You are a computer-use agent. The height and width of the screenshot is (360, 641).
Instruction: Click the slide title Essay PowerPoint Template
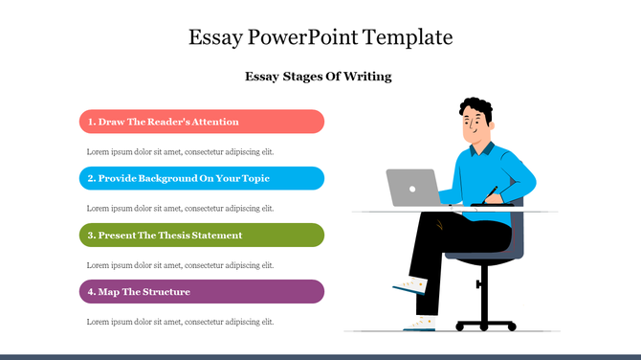[320, 38]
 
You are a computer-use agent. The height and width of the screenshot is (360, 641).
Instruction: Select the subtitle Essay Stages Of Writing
[319, 77]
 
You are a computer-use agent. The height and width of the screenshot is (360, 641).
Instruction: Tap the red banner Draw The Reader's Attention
[201, 122]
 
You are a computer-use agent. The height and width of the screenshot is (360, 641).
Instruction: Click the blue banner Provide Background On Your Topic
[201, 178]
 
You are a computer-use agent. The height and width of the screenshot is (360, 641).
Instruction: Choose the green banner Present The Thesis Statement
[201, 235]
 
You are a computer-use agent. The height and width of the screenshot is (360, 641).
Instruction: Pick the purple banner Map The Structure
[201, 291]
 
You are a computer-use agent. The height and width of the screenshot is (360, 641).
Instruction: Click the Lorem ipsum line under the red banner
[180, 151]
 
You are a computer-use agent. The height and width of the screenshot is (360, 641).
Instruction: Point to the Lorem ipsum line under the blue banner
[180, 208]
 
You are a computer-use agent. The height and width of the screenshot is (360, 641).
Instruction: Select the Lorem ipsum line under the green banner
[180, 264]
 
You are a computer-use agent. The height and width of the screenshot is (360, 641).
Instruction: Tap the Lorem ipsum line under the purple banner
[180, 322]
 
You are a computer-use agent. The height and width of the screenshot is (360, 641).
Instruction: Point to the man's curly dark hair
[476, 108]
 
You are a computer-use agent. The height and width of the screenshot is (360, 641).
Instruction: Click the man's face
[475, 126]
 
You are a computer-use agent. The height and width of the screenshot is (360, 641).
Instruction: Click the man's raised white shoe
[409, 284]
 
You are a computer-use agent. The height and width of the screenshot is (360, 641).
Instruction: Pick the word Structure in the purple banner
[167, 291]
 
